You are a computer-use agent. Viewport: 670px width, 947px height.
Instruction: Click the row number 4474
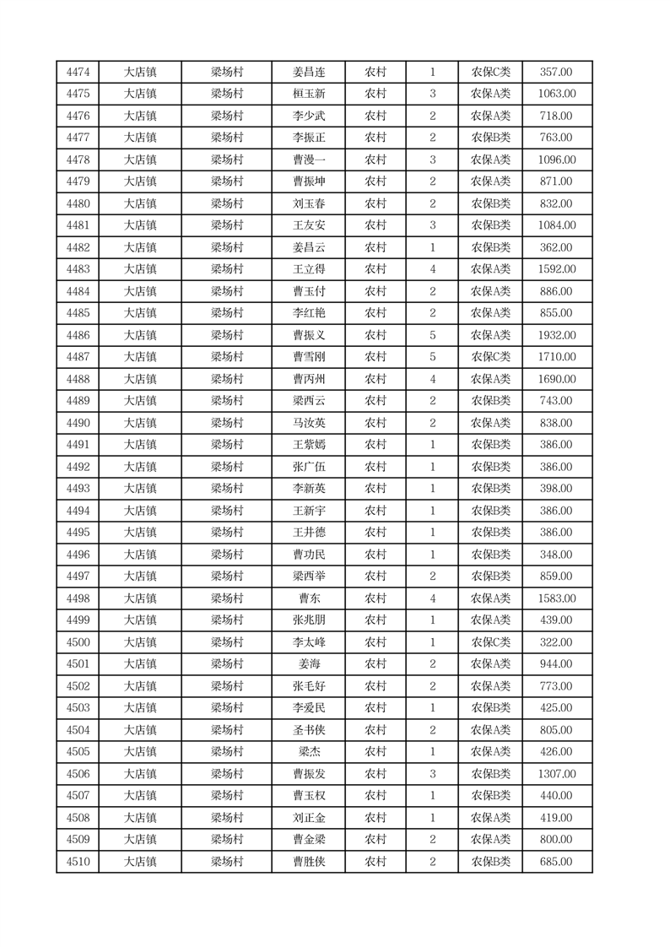(78, 73)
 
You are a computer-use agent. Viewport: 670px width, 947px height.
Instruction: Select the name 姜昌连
(308, 73)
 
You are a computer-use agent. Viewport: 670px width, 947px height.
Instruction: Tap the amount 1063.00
(556, 95)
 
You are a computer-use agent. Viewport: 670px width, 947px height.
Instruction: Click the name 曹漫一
(308, 160)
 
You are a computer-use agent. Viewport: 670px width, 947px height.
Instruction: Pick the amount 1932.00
(556, 336)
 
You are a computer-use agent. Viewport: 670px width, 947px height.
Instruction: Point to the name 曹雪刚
(308, 358)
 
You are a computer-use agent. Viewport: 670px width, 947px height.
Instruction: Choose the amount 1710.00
(556, 358)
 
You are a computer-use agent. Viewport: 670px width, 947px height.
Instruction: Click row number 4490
(78, 424)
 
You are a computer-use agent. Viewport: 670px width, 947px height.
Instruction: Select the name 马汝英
(308, 424)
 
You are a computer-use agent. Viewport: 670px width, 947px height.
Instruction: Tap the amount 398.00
(556, 490)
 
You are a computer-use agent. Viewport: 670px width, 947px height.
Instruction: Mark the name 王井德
(308, 533)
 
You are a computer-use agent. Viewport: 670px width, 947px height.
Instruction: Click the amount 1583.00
(556, 599)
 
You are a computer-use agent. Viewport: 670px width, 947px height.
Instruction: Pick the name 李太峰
(308, 643)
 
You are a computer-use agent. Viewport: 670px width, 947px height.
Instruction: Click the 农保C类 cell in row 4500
(490, 643)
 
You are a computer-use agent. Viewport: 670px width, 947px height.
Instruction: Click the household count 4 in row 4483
(432, 270)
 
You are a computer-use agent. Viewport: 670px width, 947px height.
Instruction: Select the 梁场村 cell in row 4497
(226, 577)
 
